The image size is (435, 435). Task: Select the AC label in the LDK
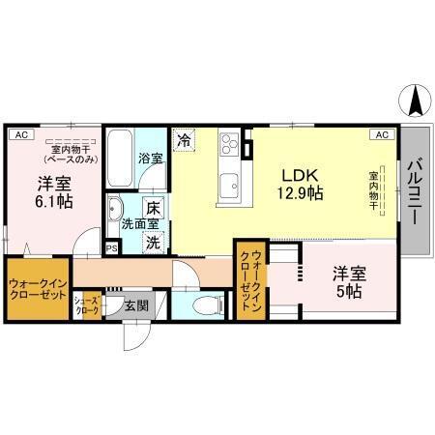tap(381, 135)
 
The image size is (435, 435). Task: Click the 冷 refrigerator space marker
tap(185, 141)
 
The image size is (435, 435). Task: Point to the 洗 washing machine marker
tap(152, 243)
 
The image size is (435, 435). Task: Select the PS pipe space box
tap(112, 248)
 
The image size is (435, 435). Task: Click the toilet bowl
tap(205, 306)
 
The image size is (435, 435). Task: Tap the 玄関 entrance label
tap(136, 306)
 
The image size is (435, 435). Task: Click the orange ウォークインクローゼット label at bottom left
tap(37, 290)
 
